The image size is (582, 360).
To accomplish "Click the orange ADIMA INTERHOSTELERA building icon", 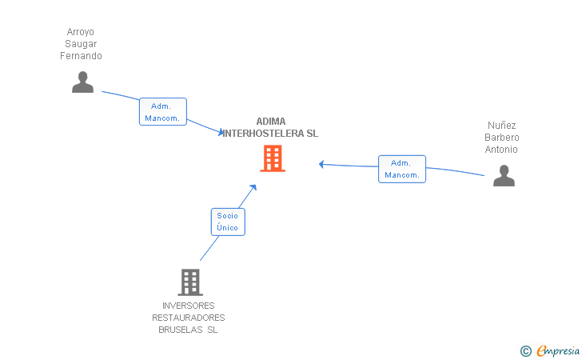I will (x=273, y=158).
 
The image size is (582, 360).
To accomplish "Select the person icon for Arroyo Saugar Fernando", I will (x=82, y=82).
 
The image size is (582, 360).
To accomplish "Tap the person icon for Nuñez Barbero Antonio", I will (x=504, y=175).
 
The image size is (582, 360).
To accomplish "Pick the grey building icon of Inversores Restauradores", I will (x=189, y=282).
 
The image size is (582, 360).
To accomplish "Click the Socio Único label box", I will (x=228, y=222).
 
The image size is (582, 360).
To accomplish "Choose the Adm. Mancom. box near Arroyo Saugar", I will (x=163, y=112).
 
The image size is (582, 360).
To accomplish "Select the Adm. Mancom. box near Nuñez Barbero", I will (x=401, y=169).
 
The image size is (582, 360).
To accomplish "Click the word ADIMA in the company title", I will (x=271, y=122).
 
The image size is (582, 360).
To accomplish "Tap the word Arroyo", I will (x=81, y=33).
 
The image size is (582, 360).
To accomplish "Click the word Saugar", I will (x=81, y=45).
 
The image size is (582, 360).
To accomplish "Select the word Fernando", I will (x=81, y=56).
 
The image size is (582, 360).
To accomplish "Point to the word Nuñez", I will (x=501, y=126).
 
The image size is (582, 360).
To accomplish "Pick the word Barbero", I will (x=501, y=138).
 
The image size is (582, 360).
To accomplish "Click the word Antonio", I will (x=501, y=150).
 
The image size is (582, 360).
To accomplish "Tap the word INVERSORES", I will (x=188, y=306).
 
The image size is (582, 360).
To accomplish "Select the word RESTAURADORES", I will (x=188, y=318).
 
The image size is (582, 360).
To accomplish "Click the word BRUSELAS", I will (x=181, y=330).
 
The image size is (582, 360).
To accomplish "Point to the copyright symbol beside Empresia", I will (x=525, y=350).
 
